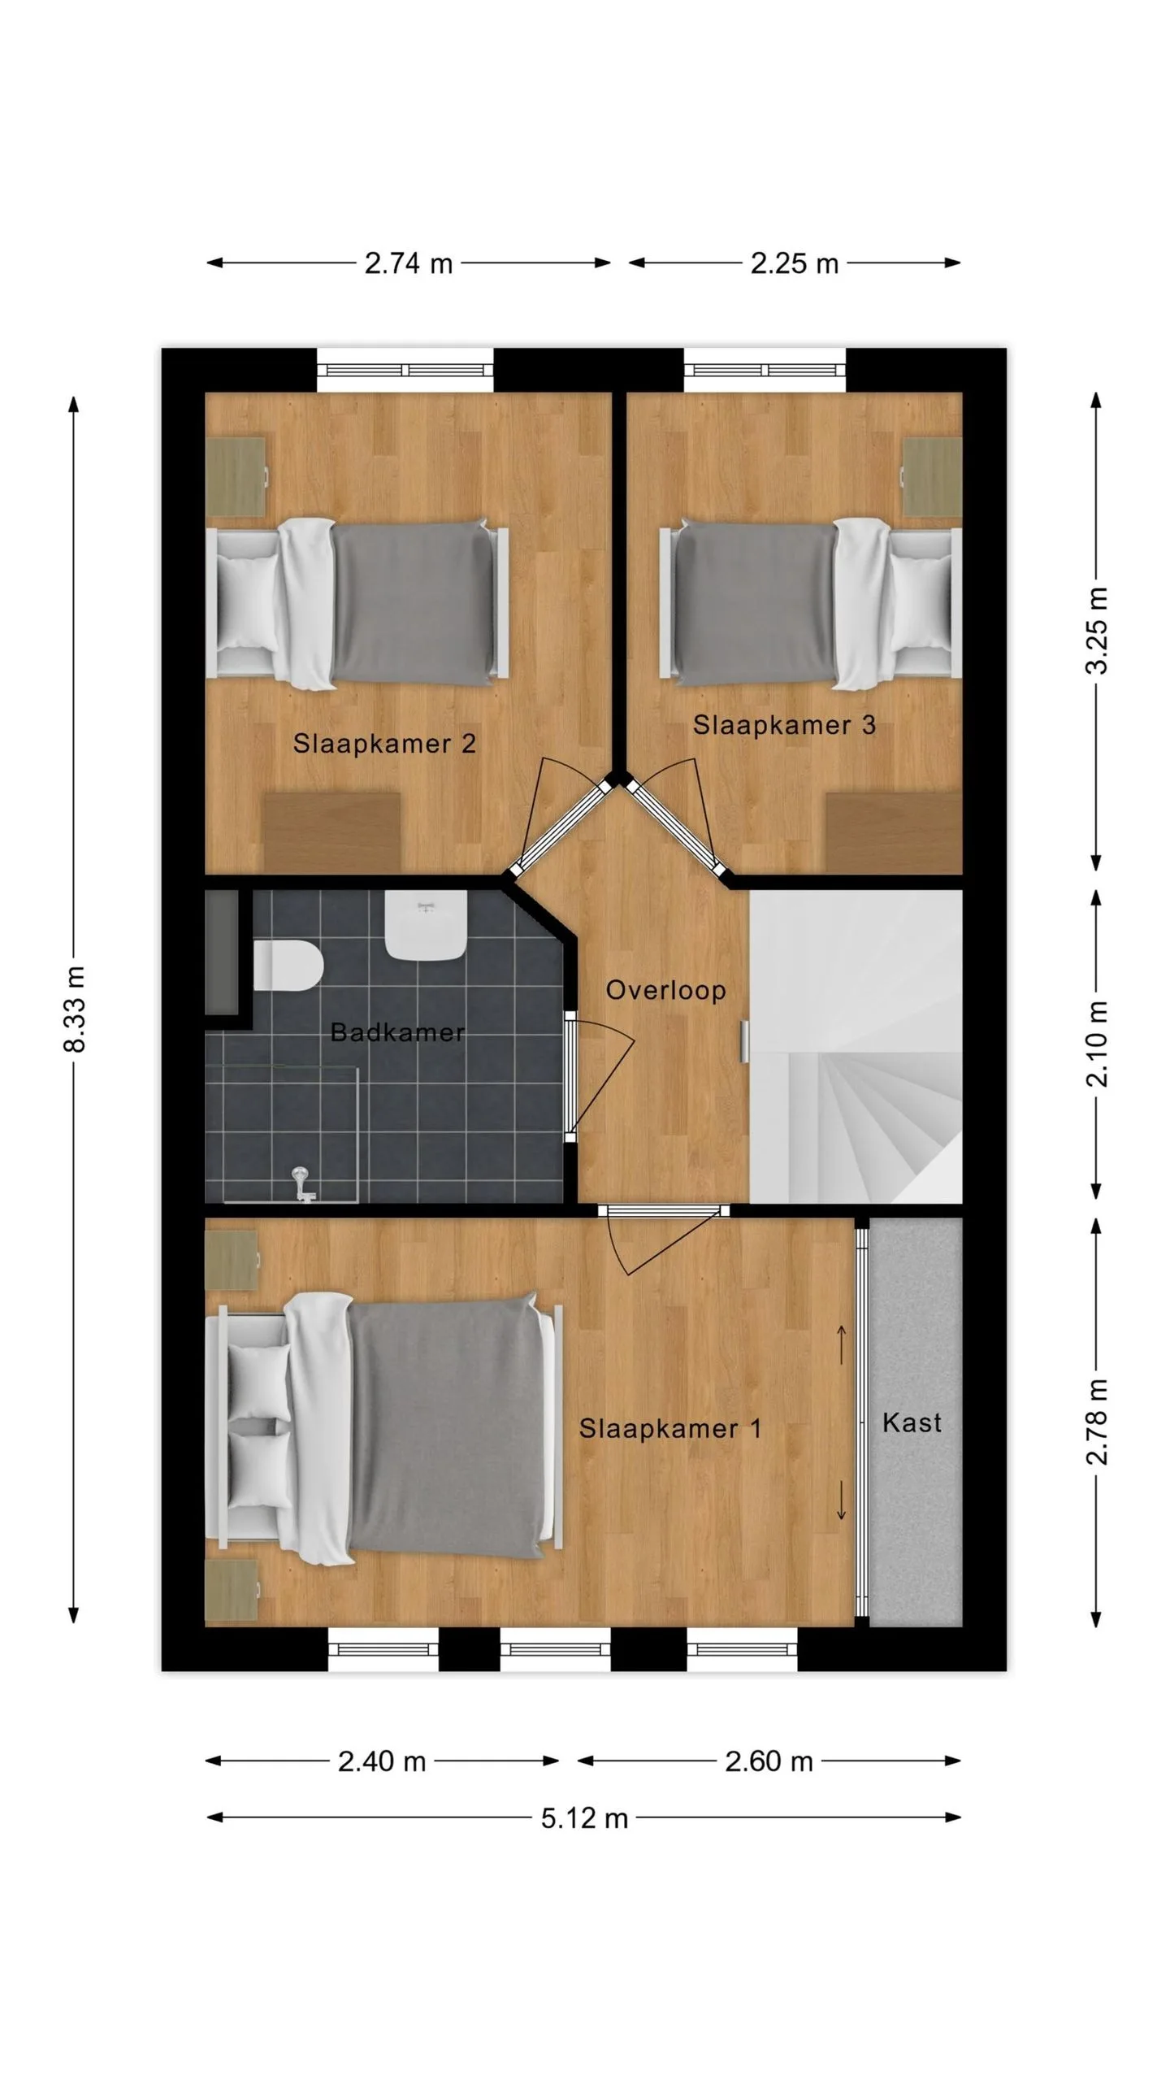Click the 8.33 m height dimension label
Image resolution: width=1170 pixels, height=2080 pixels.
[x=75, y=1009]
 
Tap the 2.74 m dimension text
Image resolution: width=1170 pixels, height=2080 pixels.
[x=408, y=263]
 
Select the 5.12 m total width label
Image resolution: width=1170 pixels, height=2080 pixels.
[x=584, y=1817]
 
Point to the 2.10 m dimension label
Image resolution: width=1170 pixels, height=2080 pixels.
[x=1097, y=1044]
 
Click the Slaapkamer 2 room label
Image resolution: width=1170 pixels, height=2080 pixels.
[x=384, y=743]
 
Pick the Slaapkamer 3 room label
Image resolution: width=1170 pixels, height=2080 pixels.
[x=784, y=725]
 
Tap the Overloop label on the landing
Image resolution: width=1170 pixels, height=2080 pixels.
[x=665, y=991]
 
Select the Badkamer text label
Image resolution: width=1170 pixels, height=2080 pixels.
[x=397, y=1032]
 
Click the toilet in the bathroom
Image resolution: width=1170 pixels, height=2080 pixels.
[x=288, y=966]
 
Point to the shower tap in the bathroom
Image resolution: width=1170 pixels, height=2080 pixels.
[x=302, y=1184]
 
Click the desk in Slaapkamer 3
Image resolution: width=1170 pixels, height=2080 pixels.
[x=894, y=833]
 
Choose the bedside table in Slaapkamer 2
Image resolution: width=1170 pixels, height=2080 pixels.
[x=236, y=476]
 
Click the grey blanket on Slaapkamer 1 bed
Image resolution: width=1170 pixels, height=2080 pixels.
[x=447, y=1428]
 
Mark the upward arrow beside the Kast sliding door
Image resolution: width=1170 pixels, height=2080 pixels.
[x=842, y=1344]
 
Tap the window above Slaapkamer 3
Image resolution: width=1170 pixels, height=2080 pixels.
[x=764, y=371]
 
